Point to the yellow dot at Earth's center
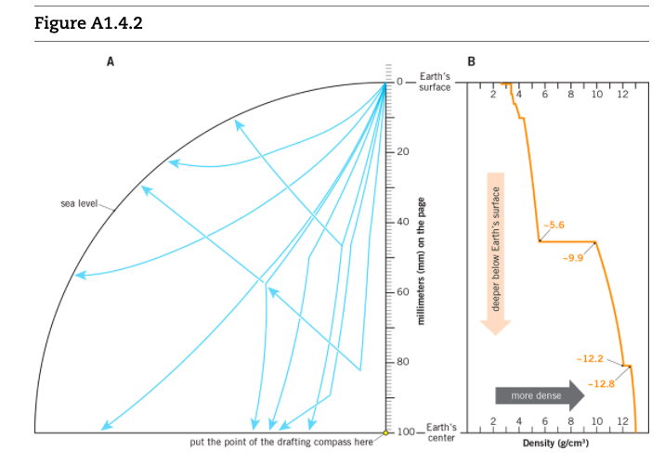click(386, 432)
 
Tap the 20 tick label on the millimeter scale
click(404, 151)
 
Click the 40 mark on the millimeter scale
click(404, 222)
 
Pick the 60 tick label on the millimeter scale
click(404, 291)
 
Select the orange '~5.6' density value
click(554, 225)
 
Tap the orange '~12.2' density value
click(590, 357)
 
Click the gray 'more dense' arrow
click(540, 397)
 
